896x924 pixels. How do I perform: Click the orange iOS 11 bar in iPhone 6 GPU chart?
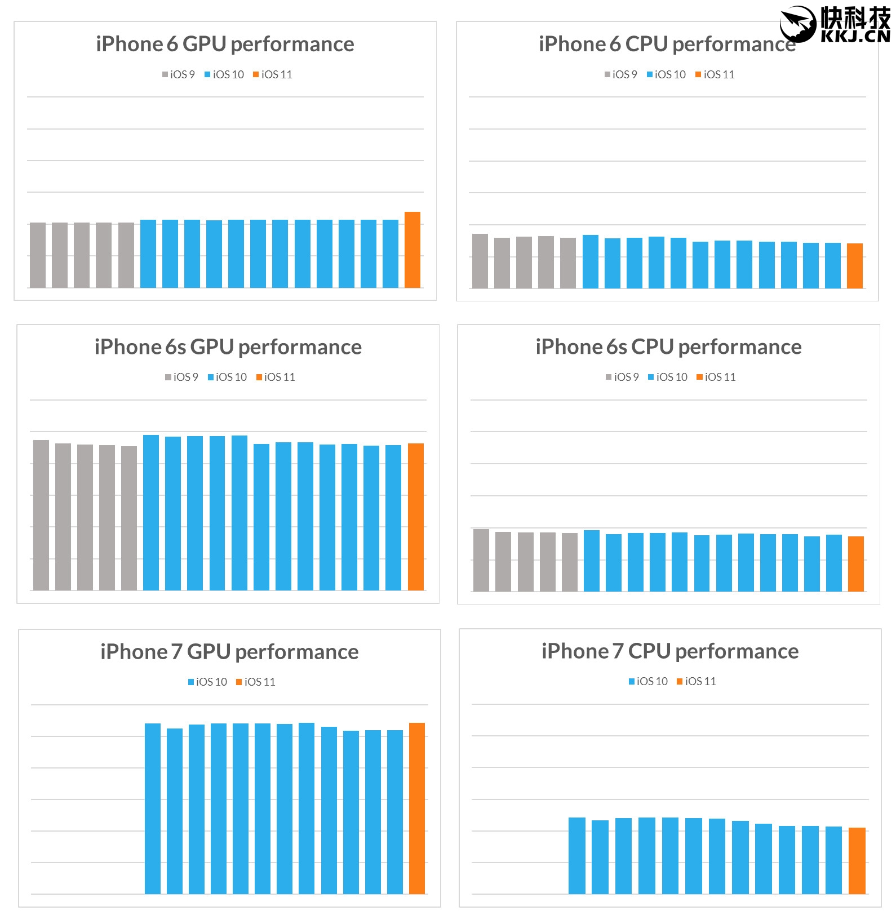(x=412, y=250)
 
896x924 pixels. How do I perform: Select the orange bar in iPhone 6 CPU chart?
(x=855, y=266)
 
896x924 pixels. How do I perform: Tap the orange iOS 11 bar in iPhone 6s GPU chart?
(x=416, y=517)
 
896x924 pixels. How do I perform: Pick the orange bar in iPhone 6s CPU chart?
(x=856, y=564)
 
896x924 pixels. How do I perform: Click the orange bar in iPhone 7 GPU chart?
(x=417, y=808)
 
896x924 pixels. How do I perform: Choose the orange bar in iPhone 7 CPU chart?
(x=857, y=860)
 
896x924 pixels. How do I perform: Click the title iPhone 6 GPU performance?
(x=225, y=44)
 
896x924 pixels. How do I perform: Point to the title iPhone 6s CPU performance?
(x=668, y=347)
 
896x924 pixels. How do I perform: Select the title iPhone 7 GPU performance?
(x=229, y=652)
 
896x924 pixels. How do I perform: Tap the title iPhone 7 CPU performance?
(x=670, y=651)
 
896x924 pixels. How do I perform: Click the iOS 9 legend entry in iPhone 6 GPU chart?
(x=179, y=74)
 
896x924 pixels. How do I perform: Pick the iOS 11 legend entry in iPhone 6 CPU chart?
(x=715, y=74)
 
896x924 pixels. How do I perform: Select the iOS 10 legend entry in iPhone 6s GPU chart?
(x=228, y=377)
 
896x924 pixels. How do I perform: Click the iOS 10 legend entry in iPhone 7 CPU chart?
(x=649, y=681)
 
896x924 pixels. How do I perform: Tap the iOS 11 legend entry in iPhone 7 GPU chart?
(x=256, y=682)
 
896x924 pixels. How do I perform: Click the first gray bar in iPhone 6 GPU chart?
(x=38, y=255)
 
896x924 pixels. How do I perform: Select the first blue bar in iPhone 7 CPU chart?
(x=577, y=855)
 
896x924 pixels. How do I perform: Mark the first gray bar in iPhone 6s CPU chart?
(x=481, y=560)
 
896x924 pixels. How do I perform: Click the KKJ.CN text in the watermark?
(x=855, y=37)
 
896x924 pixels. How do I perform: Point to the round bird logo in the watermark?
(x=798, y=24)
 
